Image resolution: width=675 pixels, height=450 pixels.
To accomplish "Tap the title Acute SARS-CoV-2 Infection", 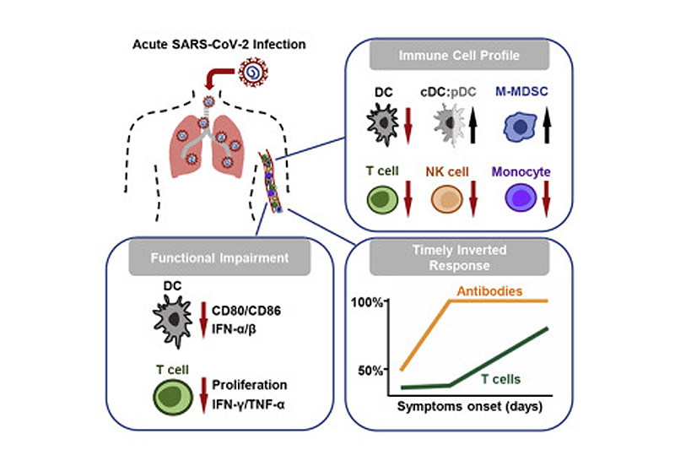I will click(219, 43).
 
